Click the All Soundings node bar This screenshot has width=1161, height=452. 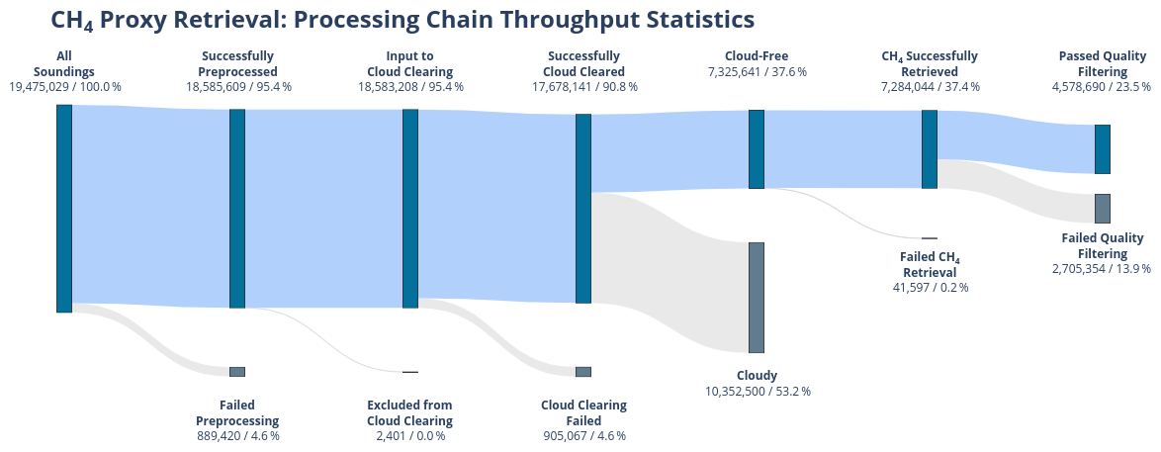click(64, 208)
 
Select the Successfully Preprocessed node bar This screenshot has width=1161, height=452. click(237, 208)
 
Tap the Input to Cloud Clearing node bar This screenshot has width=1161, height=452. click(410, 208)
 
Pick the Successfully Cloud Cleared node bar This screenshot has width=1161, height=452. click(583, 208)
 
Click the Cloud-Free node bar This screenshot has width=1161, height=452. click(757, 148)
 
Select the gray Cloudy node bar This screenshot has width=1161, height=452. click(757, 297)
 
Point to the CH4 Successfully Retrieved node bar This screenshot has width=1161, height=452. click(930, 148)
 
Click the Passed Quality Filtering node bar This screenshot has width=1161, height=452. click(1103, 148)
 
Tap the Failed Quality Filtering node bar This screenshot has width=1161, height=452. click(1103, 208)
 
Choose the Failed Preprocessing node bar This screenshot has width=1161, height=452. click(237, 372)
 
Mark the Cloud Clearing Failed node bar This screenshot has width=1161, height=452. click(583, 372)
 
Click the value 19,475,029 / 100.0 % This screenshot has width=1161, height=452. click(65, 87)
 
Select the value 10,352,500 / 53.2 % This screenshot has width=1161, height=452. click(757, 391)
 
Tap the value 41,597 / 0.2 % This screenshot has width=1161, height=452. click(930, 288)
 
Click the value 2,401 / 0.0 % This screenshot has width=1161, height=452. click(410, 435)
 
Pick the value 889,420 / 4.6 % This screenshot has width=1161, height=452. click(237, 435)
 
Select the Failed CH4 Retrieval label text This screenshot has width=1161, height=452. click(930, 265)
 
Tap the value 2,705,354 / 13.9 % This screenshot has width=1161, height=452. click(1102, 268)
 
